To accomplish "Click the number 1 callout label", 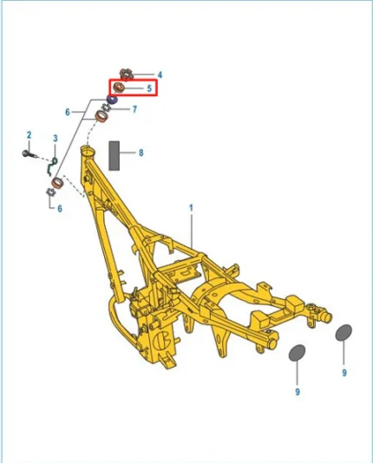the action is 191,208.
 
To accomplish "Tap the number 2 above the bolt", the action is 29,135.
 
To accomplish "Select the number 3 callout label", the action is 56,138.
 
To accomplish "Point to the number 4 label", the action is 160,75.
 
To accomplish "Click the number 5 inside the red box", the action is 149,88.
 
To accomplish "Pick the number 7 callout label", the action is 134,109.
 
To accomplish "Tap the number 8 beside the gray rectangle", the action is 141,153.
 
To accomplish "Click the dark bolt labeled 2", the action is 29,153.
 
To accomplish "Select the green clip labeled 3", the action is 52,166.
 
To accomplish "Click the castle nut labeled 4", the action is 127,74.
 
